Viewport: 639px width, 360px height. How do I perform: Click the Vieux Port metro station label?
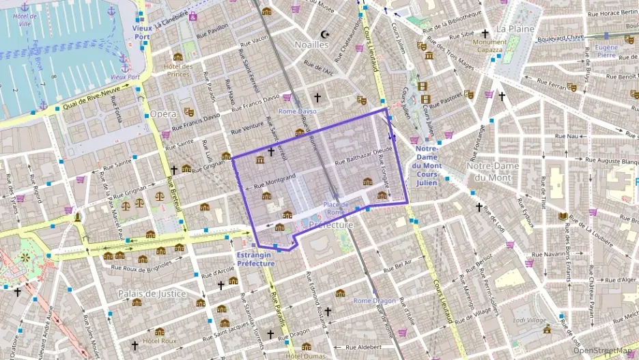coord(141,32)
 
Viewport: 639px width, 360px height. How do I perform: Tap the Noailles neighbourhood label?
coord(311,44)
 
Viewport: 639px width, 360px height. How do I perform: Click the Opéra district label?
coord(162,113)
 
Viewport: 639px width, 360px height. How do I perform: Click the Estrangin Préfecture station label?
coord(255,260)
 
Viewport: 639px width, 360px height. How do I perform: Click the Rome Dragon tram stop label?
coord(374,301)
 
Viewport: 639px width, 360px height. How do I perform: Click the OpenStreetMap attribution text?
coord(603,350)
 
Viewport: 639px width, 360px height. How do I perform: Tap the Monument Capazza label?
coord(489,46)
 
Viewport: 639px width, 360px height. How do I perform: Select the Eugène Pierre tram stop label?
coord(606,51)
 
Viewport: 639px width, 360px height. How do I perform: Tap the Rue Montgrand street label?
coord(274,182)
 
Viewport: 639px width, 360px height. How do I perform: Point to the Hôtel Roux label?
coord(160,341)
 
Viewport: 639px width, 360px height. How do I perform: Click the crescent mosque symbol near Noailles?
coord(324,33)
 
